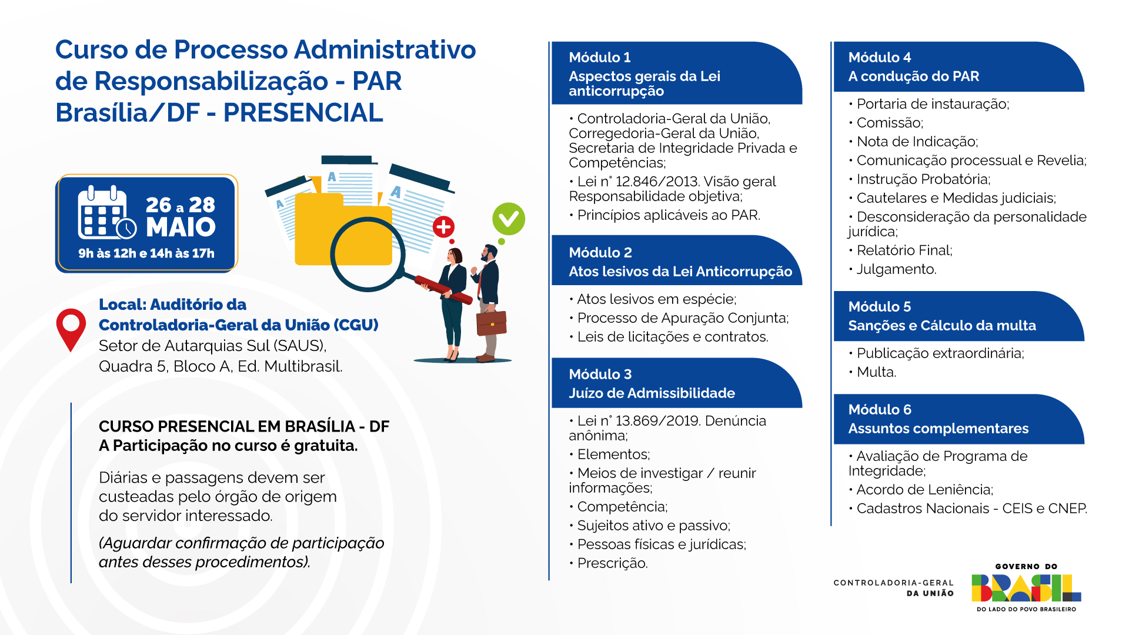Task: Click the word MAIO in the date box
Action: [181, 227]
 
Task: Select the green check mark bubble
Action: [509, 219]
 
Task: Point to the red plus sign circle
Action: [443, 226]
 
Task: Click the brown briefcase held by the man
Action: [492, 323]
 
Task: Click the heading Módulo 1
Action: [600, 58]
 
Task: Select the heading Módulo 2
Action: [600, 253]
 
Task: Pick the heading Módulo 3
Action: [600, 375]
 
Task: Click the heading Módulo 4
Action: [880, 58]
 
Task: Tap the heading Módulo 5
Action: [880, 307]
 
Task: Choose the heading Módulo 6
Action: [880, 410]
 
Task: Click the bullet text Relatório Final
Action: [904, 250]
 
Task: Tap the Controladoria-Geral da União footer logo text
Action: [893, 588]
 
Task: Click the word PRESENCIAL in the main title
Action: [303, 113]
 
